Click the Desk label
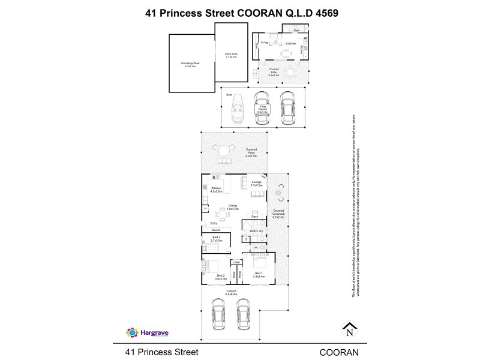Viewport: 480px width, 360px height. (x=254, y=216)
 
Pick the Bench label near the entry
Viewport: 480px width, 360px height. (x=216, y=230)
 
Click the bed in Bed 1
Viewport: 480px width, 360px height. (x=259, y=262)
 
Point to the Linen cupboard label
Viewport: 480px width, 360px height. (x=236, y=262)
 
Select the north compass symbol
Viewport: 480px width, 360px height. (x=350, y=329)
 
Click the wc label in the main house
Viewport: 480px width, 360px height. (x=256, y=247)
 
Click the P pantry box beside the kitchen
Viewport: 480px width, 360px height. (x=206, y=208)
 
